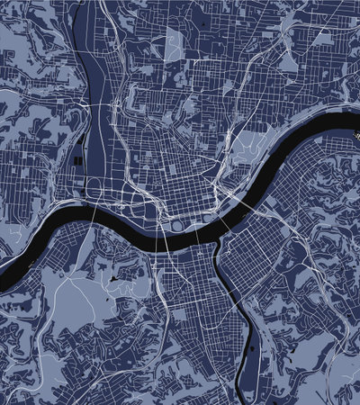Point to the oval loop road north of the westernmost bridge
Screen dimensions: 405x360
coord(93,187)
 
